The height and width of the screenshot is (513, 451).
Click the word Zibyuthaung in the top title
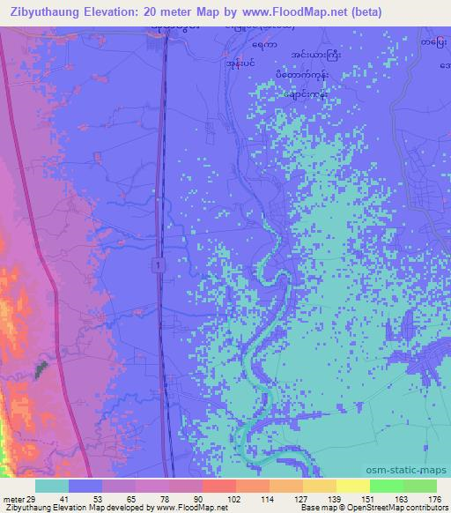42,11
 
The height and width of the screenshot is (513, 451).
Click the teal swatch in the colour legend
52,486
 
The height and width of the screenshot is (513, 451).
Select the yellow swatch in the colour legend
352,486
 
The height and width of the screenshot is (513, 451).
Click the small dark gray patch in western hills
40,369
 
